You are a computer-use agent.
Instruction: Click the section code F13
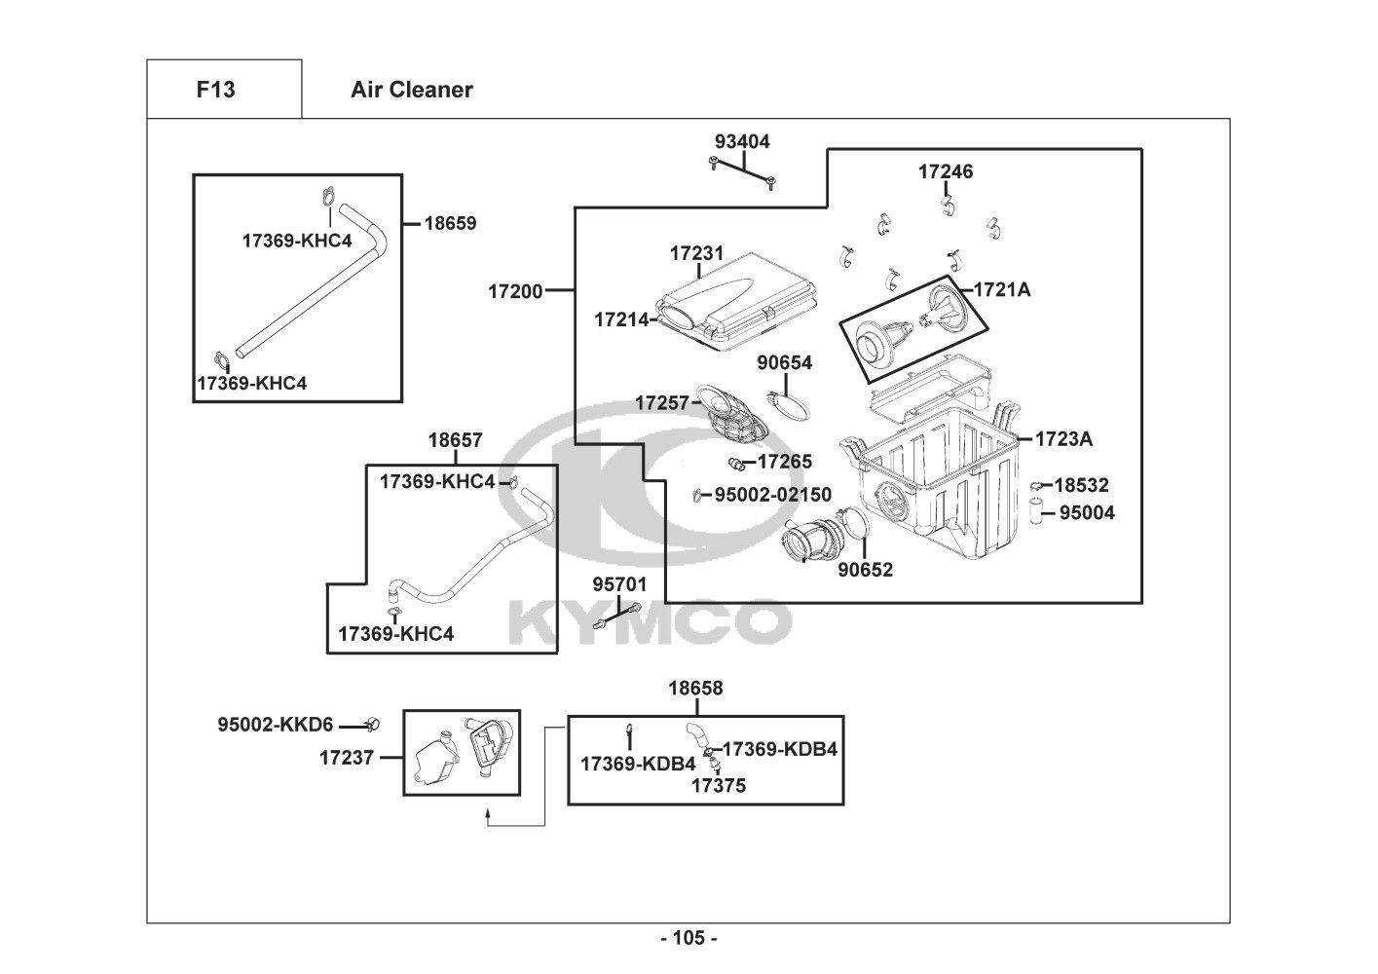click(215, 90)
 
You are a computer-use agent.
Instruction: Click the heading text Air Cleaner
click(411, 90)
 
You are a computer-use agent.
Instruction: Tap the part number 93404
click(741, 141)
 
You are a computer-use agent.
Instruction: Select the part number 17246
click(945, 171)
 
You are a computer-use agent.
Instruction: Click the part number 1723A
click(1063, 439)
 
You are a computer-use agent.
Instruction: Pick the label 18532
click(1081, 485)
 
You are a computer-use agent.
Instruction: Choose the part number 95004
click(1087, 512)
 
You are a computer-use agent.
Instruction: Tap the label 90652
click(865, 570)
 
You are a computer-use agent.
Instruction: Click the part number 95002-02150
click(773, 495)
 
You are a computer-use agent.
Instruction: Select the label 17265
click(784, 462)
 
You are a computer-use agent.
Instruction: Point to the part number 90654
click(784, 362)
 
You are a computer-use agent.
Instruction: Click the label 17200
click(515, 290)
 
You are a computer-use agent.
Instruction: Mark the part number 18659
click(450, 223)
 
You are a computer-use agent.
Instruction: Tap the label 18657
click(455, 440)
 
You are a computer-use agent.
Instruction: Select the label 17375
click(719, 785)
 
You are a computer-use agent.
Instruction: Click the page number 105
click(688, 939)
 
